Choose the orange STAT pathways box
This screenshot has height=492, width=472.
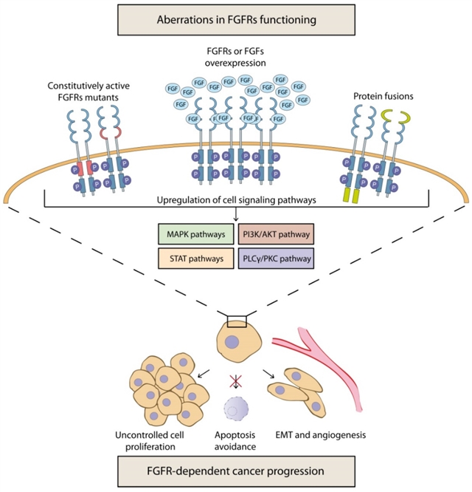click(197, 259)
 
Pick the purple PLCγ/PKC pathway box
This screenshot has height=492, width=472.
click(275, 259)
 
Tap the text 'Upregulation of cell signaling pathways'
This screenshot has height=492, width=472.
click(236, 200)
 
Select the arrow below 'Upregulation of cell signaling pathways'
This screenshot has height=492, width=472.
click(236, 216)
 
